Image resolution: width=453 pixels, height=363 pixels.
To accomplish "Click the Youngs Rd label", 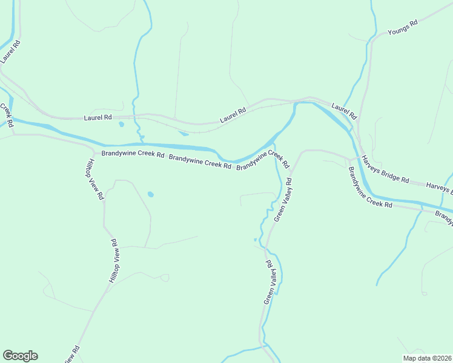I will [403, 28].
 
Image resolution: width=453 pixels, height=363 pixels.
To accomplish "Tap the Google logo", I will [20, 356].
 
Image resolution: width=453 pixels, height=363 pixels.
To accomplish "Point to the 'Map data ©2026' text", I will [427, 358].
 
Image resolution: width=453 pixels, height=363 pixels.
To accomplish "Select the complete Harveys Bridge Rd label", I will [385, 170].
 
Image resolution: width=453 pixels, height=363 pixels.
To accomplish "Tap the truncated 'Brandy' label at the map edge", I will [444, 217].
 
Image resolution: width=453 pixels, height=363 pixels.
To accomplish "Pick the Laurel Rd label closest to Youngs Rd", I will [344, 111].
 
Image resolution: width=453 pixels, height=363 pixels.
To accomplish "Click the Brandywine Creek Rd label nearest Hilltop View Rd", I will [133, 154].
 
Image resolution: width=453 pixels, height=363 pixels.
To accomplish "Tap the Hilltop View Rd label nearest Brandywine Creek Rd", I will [94, 179].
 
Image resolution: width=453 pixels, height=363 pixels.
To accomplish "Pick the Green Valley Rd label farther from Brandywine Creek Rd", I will [270, 283].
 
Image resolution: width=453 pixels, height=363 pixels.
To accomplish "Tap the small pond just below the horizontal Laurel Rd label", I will [121, 125].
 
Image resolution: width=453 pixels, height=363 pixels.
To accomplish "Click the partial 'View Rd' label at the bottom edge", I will [71, 355].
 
